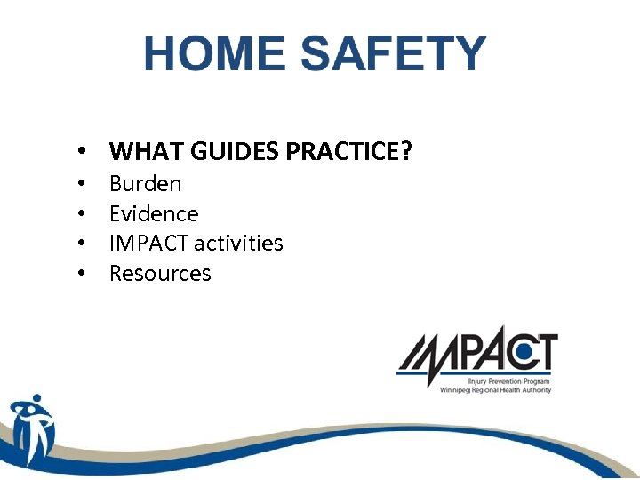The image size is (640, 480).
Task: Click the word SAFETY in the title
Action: point(393,54)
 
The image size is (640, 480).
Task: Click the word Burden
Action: point(145,184)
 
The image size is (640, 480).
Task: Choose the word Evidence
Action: point(154,213)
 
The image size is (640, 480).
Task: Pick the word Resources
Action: point(160,273)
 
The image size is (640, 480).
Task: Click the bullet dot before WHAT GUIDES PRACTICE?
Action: point(81,153)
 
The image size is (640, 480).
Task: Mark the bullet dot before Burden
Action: point(81,185)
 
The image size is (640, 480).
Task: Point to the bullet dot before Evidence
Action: point(81,214)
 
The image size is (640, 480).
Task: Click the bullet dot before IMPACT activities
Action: point(81,244)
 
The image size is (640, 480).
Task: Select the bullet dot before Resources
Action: point(81,274)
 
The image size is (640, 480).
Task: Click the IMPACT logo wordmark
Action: point(476,353)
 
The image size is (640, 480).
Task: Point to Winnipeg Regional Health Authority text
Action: point(496,390)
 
